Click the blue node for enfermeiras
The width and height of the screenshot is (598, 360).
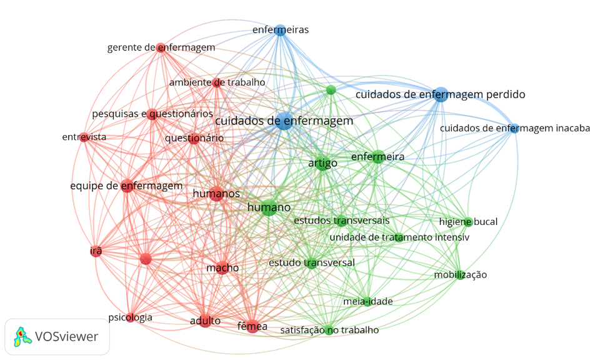click(x=280, y=29)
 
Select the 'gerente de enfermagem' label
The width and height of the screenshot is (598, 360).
click(x=161, y=47)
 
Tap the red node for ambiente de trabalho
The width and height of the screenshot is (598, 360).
click(x=217, y=82)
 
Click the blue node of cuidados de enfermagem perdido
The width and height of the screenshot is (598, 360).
click(x=441, y=94)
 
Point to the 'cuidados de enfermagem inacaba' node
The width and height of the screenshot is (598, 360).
click(x=514, y=128)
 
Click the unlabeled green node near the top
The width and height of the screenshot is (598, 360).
click(x=331, y=90)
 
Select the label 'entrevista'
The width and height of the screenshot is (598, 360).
click(x=84, y=137)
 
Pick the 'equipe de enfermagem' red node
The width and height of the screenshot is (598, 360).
click(x=127, y=186)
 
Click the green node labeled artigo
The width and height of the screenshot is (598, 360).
click(x=322, y=164)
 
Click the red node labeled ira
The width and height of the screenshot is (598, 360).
click(x=96, y=251)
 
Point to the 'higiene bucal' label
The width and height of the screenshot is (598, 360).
click(x=468, y=221)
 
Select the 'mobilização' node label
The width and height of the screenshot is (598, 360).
click(x=461, y=274)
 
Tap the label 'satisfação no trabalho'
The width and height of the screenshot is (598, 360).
click(x=329, y=329)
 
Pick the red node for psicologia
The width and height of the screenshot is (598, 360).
click(x=130, y=317)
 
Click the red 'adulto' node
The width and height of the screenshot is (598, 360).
click(x=206, y=321)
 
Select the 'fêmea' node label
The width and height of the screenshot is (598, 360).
click(x=252, y=326)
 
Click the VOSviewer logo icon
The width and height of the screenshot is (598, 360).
click(x=22, y=336)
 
